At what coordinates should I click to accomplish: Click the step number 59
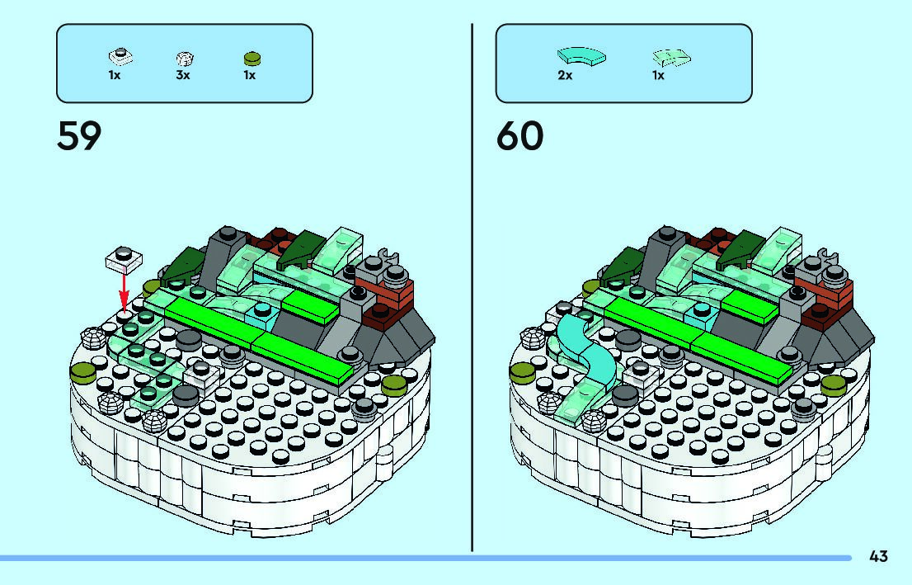(x=79, y=136)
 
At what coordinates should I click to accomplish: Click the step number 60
(x=519, y=136)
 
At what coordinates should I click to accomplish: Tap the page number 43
(x=878, y=557)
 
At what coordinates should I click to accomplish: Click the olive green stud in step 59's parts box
(x=251, y=58)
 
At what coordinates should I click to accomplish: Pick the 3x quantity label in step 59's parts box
(x=183, y=75)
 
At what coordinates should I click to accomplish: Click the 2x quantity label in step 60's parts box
(x=565, y=75)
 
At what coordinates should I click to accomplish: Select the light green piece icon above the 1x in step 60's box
(x=670, y=58)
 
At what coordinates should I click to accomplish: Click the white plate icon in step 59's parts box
(x=121, y=57)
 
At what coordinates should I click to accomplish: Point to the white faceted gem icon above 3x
(x=185, y=59)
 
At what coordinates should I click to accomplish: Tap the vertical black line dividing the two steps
(x=472, y=289)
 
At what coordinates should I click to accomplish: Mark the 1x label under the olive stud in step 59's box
(x=249, y=75)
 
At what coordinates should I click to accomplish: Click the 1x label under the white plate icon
(x=115, y=75)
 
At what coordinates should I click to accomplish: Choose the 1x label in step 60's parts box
(x=658, y=75)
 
